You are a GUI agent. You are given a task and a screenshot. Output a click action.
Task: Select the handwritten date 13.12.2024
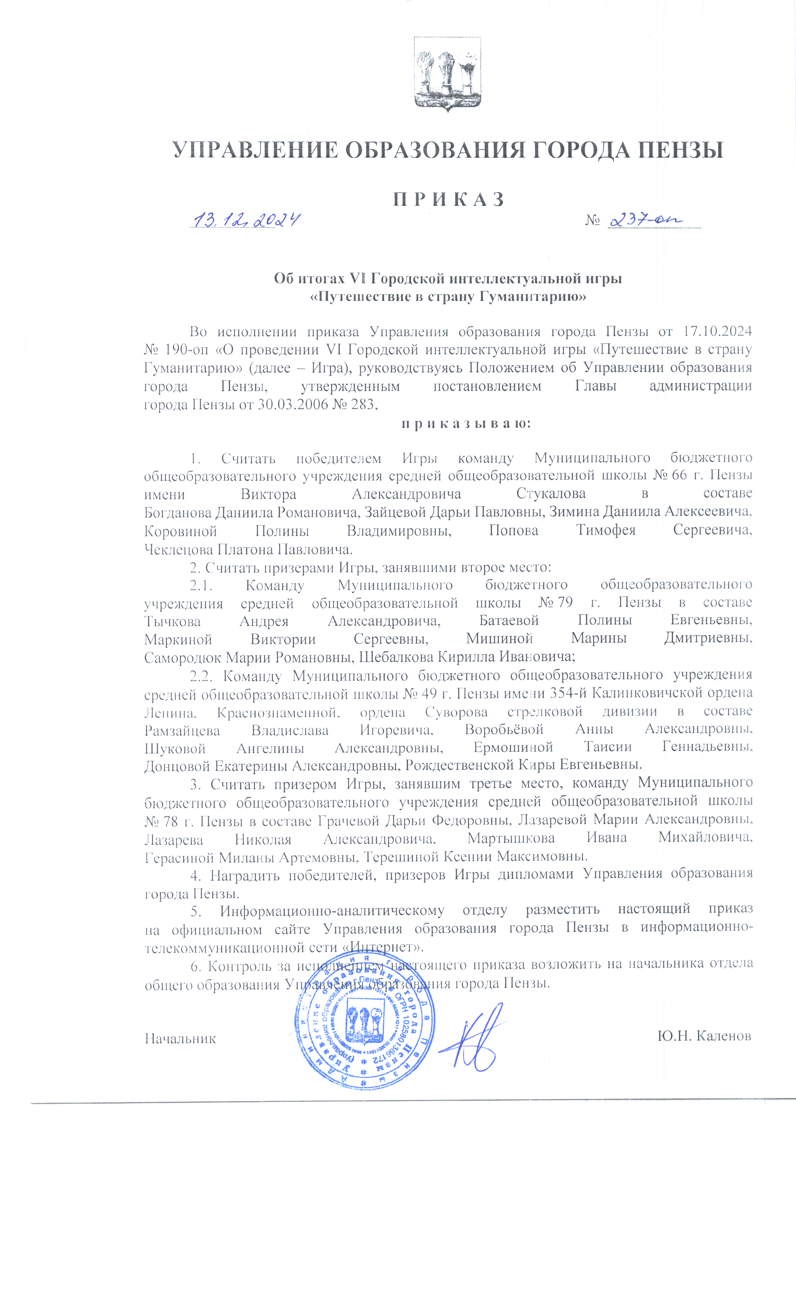pyautogui.click(x=246, y=219)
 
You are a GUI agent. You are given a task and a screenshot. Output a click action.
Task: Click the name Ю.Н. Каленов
pyautogui.click(x=704, y=1036)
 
